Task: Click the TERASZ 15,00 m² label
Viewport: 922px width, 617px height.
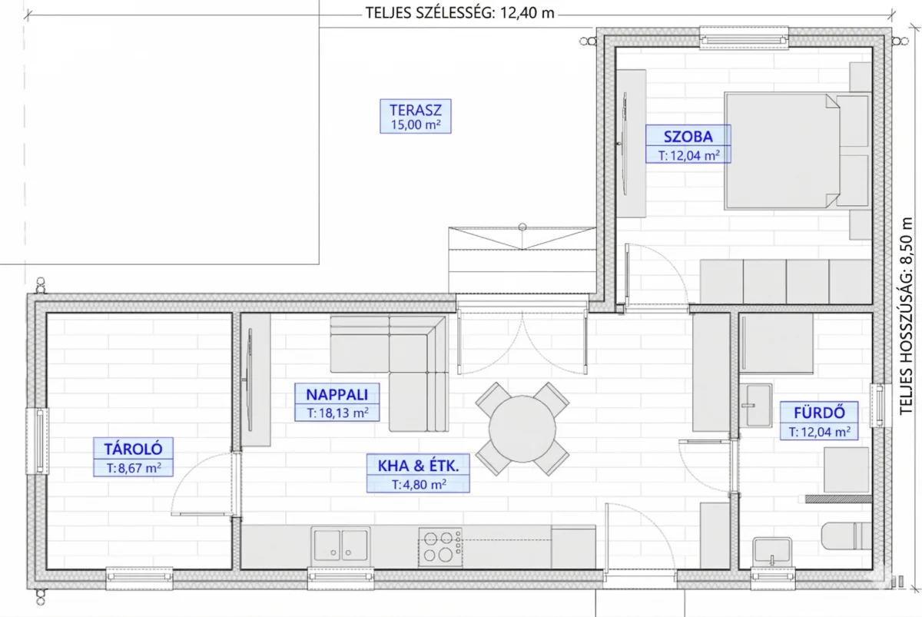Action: point(416,117)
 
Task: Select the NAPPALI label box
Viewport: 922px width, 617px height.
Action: point(337,402)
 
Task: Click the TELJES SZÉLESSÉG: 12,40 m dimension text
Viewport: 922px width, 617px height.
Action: point(459,13)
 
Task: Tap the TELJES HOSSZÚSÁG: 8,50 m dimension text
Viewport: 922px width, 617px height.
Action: point(906,316)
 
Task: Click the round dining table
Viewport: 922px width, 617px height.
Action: point(522,429)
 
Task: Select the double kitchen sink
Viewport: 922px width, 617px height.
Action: point(340,545)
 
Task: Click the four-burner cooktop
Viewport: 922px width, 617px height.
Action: point(440,547)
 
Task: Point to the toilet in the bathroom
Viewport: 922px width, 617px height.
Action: point(846,536)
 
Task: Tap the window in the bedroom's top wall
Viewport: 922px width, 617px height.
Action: point(744,38)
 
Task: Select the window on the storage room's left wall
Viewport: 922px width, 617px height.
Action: point(38,441)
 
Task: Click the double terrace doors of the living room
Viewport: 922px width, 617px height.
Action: point(522,342)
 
